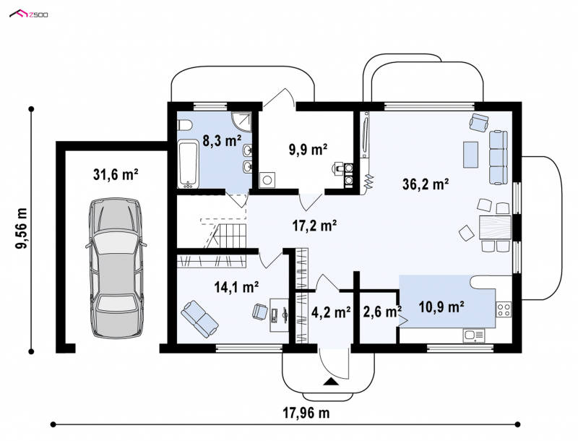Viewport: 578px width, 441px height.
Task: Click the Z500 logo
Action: [28, 14]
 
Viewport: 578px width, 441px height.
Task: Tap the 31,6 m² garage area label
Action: [116, 174]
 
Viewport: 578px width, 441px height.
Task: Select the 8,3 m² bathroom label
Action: [222, 140]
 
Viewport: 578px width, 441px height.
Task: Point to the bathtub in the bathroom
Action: [189, 164]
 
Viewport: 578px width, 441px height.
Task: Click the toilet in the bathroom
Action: [184, 125]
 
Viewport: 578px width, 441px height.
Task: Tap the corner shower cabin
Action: [241, 121]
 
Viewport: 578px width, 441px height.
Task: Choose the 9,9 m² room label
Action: [309, 150]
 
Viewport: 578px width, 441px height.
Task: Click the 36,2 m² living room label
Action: [426, 184]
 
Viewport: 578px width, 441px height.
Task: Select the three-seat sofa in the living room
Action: [499, 157]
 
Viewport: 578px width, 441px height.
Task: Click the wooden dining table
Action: [495, 228]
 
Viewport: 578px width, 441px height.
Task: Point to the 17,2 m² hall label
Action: [314, 226]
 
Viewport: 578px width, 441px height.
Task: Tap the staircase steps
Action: [232, 236]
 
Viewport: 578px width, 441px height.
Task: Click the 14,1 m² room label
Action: [236, 286]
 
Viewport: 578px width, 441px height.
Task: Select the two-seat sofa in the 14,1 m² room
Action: [199, 319]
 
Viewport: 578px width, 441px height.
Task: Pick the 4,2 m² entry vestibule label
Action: [331, 312]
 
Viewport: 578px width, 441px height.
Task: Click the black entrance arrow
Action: [331, 382]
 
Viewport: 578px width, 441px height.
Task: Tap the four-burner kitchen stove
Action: [504, 309]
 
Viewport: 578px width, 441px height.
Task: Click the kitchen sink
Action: [474, 335]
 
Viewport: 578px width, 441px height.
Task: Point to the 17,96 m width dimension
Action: [306, 413]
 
